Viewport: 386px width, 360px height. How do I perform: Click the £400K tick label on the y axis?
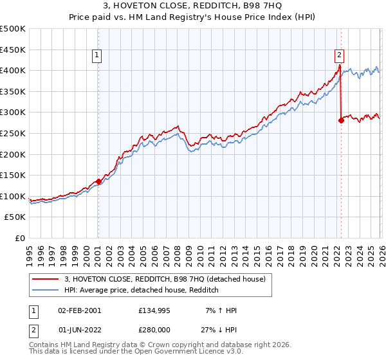(x=13, y=70)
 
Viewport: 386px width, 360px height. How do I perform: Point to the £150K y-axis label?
(x=13, y=175)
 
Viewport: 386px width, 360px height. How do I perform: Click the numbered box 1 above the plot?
(x=97, y=56)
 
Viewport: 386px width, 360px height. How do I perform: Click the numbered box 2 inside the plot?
(x=339, y=56)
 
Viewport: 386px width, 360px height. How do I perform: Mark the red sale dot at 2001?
(x=98, y=181)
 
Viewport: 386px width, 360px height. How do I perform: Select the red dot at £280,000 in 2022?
(x=341, y=120)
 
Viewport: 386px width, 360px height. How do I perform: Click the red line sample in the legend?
(x=46, y=278)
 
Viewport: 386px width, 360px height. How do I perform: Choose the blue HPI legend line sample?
(x=46, y=290)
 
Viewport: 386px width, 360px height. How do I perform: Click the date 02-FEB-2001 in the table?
(x=79, y=310)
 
